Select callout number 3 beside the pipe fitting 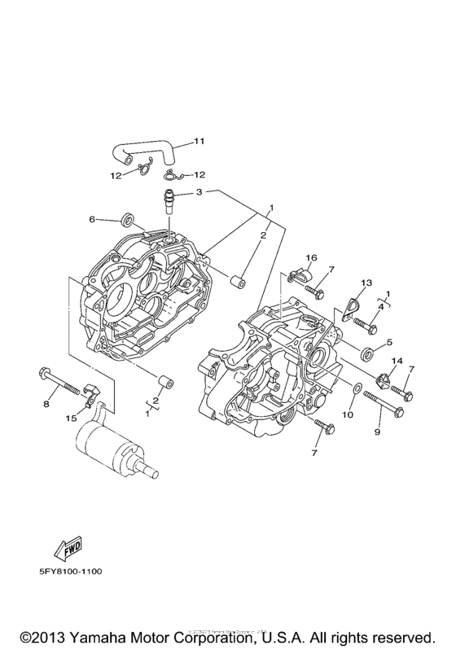199,193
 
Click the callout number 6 93,219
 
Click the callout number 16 310,258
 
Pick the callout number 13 366,282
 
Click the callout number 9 377,432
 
